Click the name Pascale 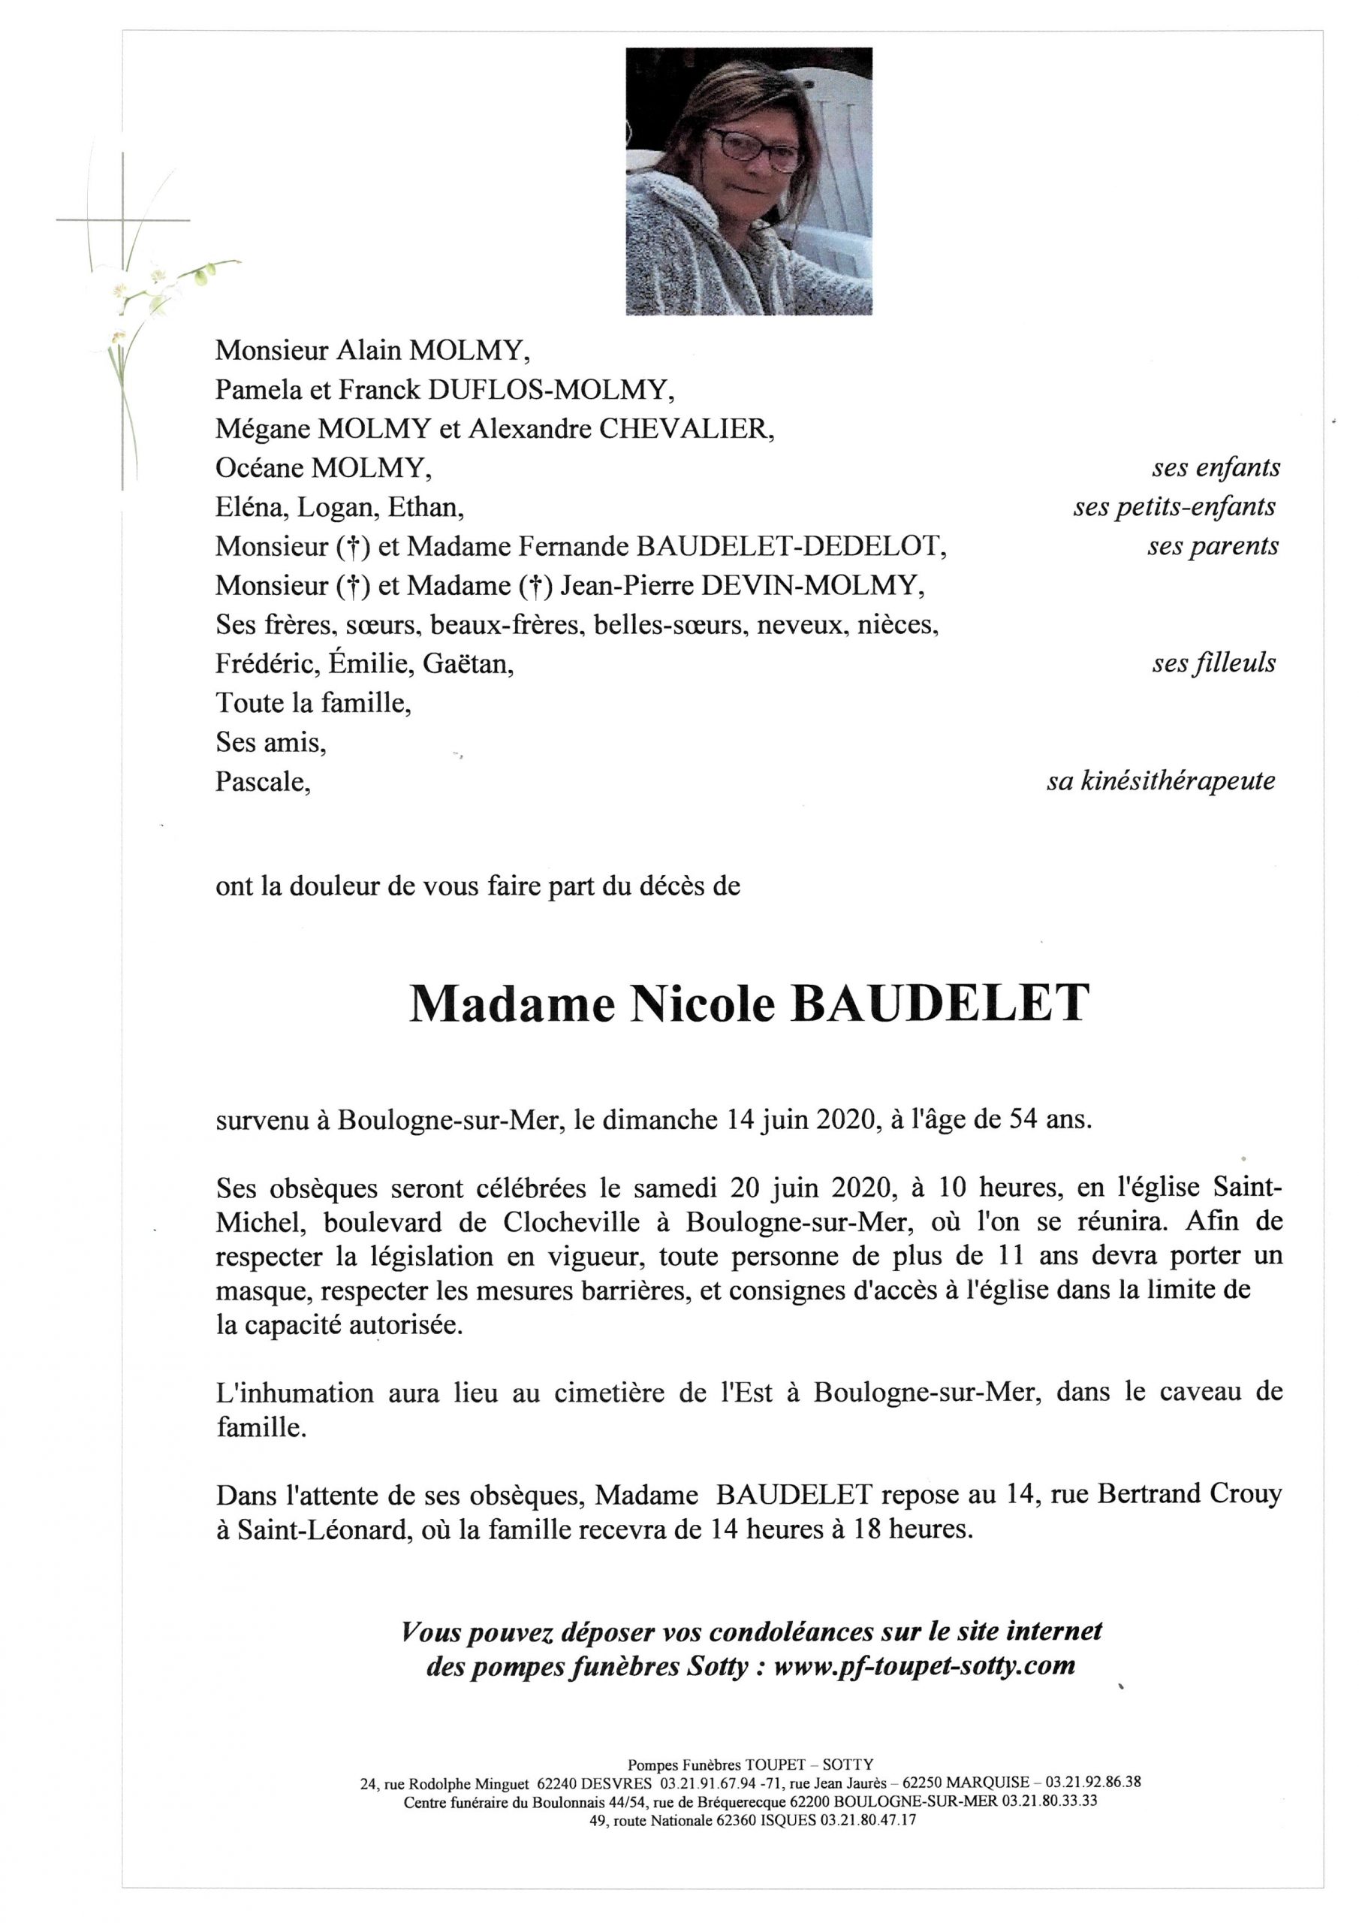261,781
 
